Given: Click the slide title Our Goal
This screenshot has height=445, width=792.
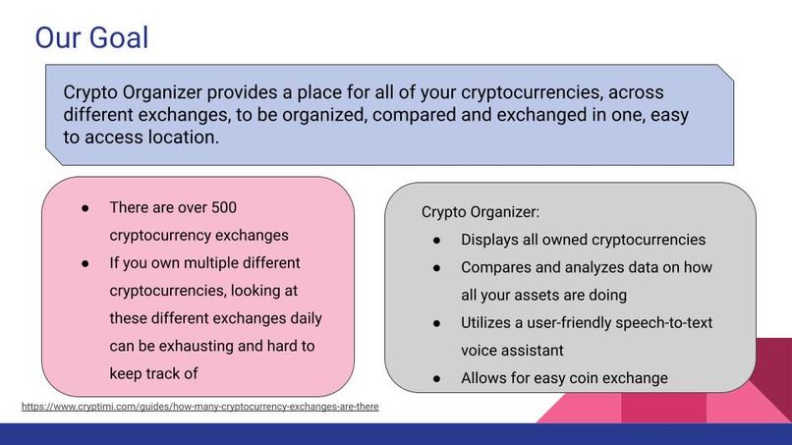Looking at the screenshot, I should pyautogui.click(x=91, y=38).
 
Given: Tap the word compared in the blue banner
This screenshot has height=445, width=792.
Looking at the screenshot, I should pyautogui.click(x=426, y=115).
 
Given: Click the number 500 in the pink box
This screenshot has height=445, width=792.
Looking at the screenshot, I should pyautogui.click(x=223, y=208).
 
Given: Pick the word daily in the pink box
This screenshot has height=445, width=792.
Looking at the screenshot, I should pyautogui.click(x=302, y=318).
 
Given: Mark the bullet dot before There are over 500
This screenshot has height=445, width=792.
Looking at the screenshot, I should pyautogui.click(x=85, y=208).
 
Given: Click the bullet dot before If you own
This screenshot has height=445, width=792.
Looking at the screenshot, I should pyautogui.click(x=85, y=263).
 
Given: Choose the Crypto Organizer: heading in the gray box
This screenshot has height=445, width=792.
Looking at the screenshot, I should pyautogui.click(x=481, y=212).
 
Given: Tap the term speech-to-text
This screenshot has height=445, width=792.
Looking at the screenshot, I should pyautogui.click(x=657, y=322).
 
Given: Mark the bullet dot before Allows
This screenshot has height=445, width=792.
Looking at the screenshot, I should pyautogui.click(x=437, y=377).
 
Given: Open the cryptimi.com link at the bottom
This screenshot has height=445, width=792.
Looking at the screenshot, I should pyautogui.click(x=199, y=406).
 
